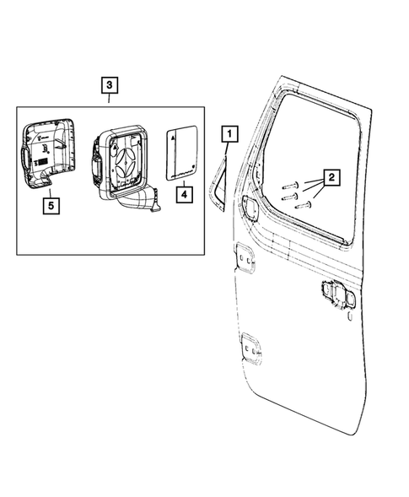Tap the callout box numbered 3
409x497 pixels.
tap(110, 85)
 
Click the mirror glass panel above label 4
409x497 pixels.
tap(182, 154)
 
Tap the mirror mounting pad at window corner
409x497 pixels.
tap(250, 205)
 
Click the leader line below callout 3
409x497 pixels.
tap(110, 100)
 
